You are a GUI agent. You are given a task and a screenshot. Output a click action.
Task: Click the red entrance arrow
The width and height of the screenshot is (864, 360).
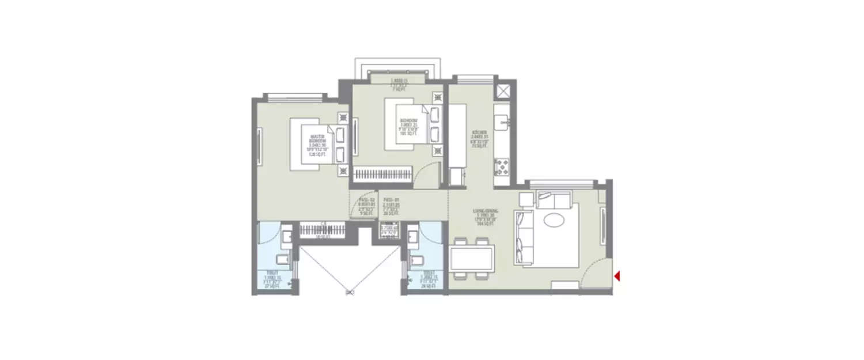(616, 276)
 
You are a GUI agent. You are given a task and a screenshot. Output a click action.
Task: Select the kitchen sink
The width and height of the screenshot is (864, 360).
(502, 122)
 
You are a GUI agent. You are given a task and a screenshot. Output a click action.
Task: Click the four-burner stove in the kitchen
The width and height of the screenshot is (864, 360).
(501, 167)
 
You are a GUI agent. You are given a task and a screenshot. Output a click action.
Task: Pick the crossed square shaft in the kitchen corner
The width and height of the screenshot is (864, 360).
(502, 90)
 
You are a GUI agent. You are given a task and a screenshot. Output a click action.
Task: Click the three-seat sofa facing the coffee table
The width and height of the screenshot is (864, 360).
(524, 236)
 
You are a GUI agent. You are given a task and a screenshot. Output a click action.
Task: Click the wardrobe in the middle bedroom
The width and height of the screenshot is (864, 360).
(382, 173)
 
